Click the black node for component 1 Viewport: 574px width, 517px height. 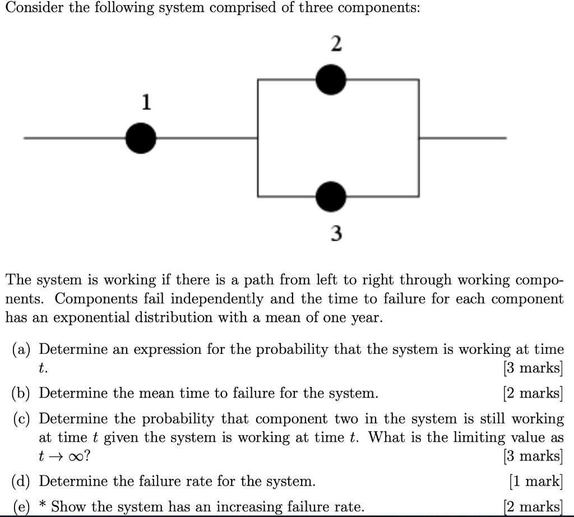141,138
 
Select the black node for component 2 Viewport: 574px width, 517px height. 331,80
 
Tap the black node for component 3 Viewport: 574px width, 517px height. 331,196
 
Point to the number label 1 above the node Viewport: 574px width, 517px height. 146,103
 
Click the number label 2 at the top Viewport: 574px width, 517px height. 336,44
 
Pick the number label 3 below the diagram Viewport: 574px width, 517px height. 336,233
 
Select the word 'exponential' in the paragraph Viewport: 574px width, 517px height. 90,317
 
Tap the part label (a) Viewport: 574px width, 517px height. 22,349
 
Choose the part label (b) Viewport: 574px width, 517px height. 22,393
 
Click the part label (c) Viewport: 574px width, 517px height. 22,419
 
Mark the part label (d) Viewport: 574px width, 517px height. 22,481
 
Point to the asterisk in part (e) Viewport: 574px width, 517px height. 42,505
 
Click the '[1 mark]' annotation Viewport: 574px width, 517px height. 535,481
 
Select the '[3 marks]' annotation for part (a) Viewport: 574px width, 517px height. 533,368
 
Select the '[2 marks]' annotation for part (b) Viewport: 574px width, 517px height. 533,393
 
